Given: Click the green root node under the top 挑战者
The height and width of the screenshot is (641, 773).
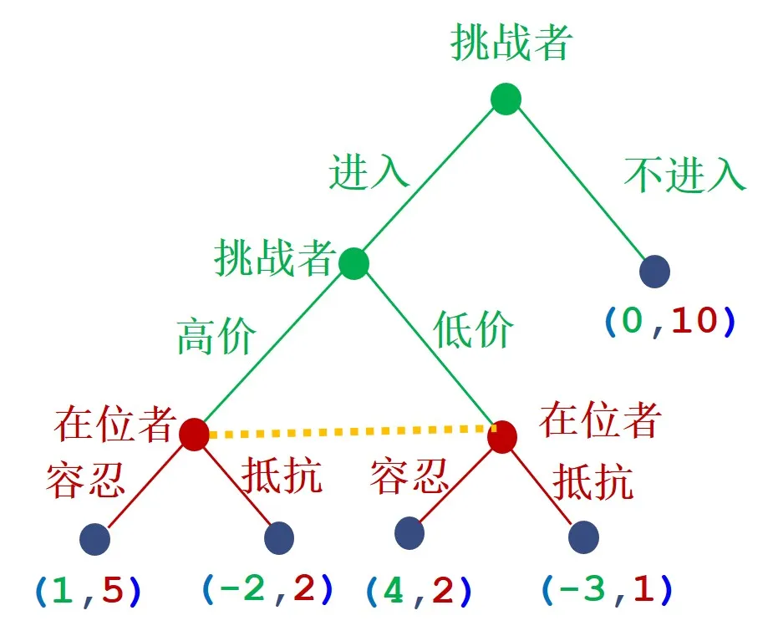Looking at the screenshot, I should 506,99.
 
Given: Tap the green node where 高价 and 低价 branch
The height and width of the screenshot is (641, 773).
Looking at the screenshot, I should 353,263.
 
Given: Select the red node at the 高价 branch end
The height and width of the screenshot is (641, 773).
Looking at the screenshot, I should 194,434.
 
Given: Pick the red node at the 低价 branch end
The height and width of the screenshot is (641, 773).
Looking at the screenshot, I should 502,436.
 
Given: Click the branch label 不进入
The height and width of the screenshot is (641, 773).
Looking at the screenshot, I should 684,174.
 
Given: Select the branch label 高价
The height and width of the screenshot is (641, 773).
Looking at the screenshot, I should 216,336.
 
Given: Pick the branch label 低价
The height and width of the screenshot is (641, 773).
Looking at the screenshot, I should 473,331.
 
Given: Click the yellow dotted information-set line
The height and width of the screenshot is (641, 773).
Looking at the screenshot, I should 347,432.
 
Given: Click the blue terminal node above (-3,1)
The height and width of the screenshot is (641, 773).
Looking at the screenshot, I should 583,537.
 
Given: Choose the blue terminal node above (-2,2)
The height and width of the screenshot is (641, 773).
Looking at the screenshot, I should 278,537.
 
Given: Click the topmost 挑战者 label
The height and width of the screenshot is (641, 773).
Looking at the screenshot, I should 511,43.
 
